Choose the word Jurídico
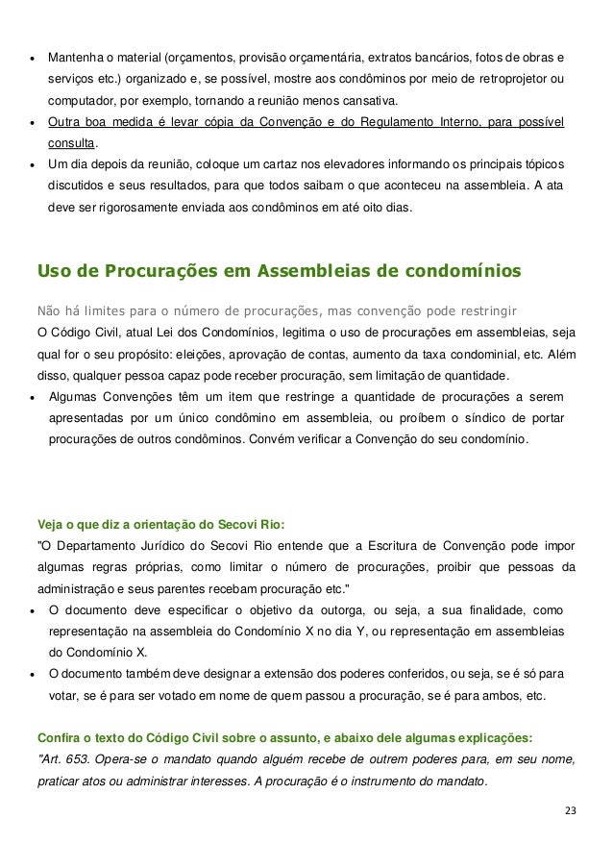click(x=159, y=545)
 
